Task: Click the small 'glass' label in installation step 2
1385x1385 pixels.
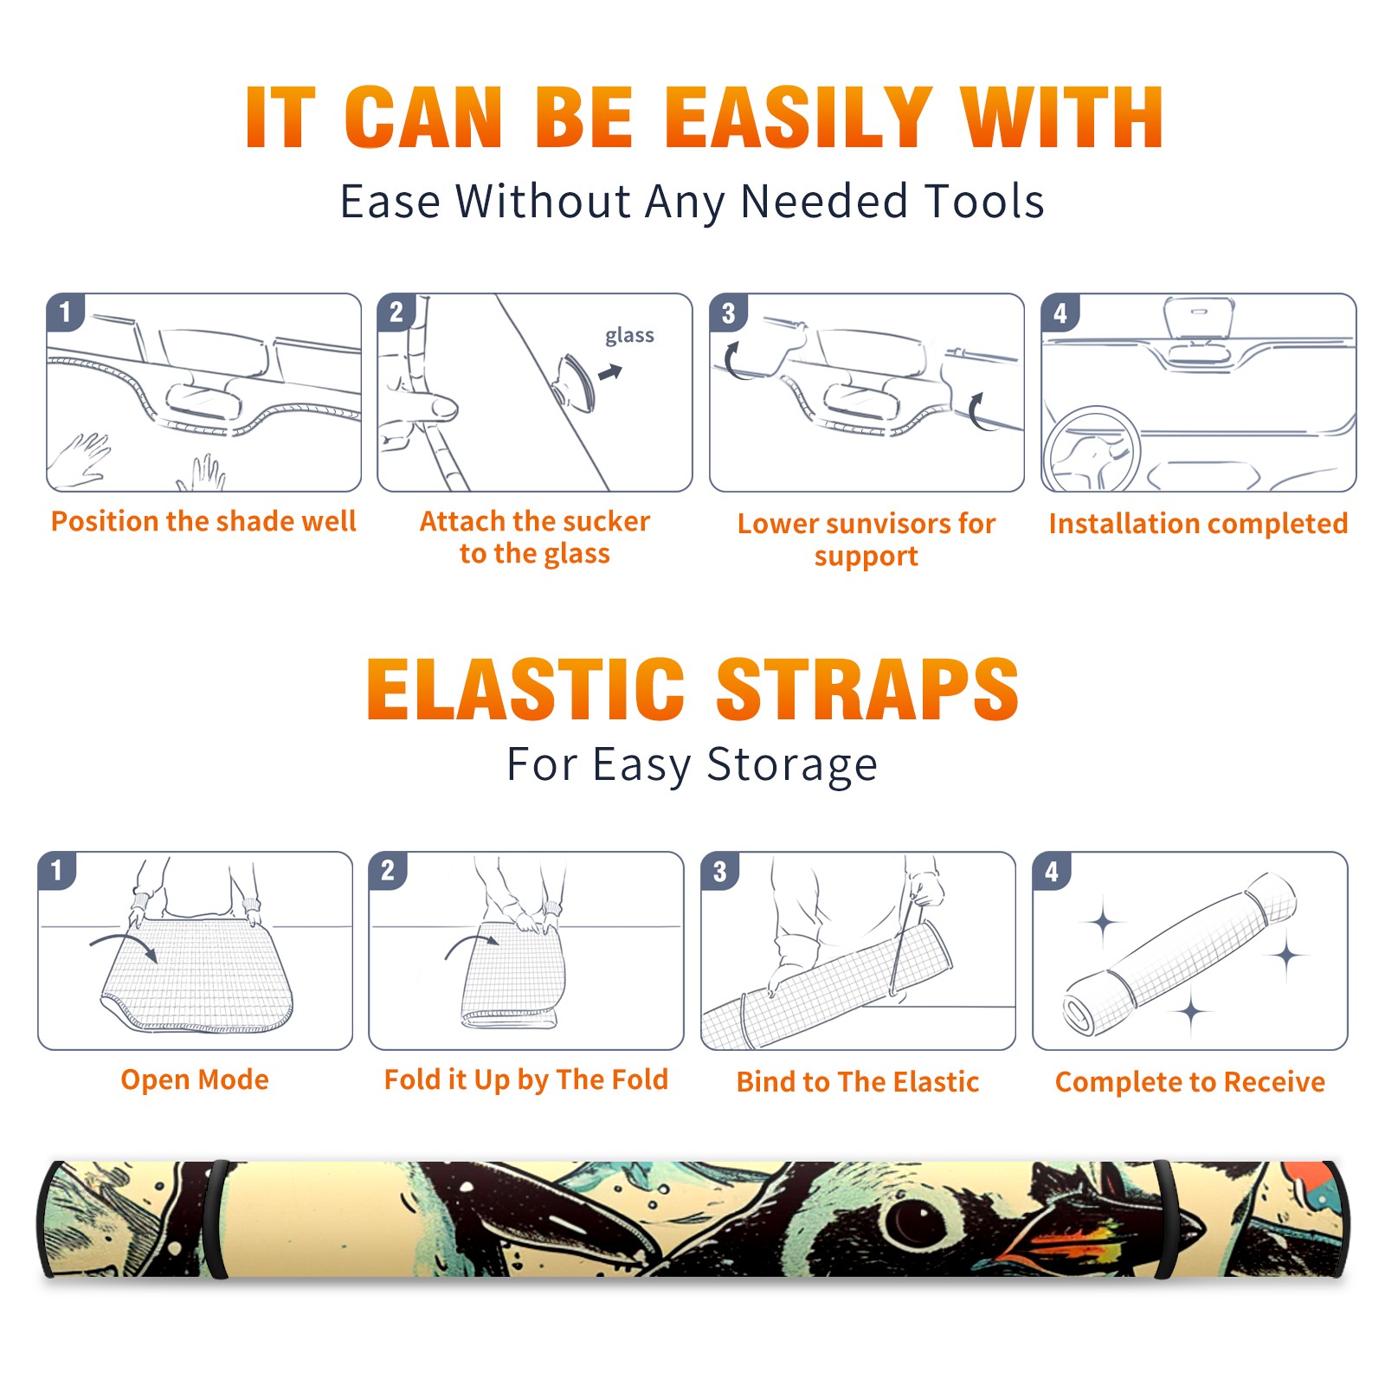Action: tap(629, 336)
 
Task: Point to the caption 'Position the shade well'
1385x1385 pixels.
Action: tap(203, 521)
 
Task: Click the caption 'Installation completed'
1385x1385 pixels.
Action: tap(1198, 523)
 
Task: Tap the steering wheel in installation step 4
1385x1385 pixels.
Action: tap(1092, 450)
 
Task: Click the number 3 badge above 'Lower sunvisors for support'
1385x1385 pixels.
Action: tap(728, 313)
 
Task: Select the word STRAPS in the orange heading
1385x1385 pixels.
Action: tap(867, 689)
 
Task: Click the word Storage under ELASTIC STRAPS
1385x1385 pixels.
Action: tap(792, 765)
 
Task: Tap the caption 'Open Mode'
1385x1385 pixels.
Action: tap(195, 1079)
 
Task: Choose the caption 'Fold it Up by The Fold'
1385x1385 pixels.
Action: tap(526, 1079)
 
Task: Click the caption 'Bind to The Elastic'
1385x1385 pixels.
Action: tap(858, 1082)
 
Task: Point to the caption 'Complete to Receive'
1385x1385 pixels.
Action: tap(1190, 1082)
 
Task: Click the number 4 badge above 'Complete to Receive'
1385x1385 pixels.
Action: tap(1052, 871)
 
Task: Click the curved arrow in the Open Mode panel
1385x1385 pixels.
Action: tap(124, 940)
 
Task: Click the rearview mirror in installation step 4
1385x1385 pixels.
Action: tap(1199, 318)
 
